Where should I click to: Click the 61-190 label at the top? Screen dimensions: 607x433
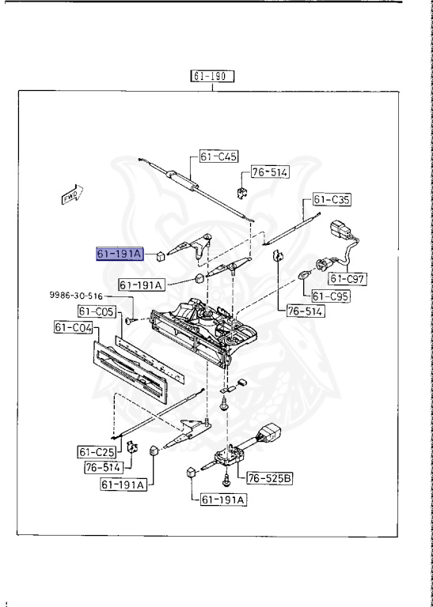click(213, 77)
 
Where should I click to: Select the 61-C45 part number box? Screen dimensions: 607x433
click(218, 156)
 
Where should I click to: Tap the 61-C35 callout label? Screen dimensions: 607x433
click(332, 199)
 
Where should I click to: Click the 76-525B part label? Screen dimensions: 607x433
click(270, 477)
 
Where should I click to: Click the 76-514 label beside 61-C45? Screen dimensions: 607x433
click(270, 172)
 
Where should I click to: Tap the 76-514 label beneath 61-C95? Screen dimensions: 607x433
click(304, 311)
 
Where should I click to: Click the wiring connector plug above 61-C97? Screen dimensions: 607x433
click(341, 232)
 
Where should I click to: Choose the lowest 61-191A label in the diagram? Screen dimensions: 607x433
click(223, 500)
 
